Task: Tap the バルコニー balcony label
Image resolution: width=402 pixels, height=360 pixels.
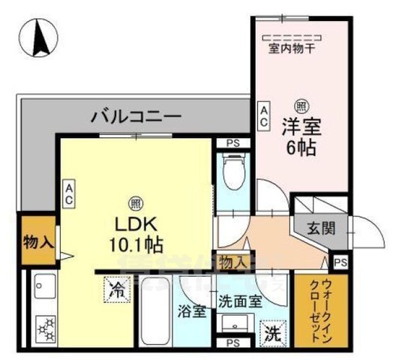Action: [136, 116]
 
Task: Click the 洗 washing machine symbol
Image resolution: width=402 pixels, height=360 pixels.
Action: [270, 333]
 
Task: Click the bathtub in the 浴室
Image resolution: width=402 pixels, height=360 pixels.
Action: [156, 315]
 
